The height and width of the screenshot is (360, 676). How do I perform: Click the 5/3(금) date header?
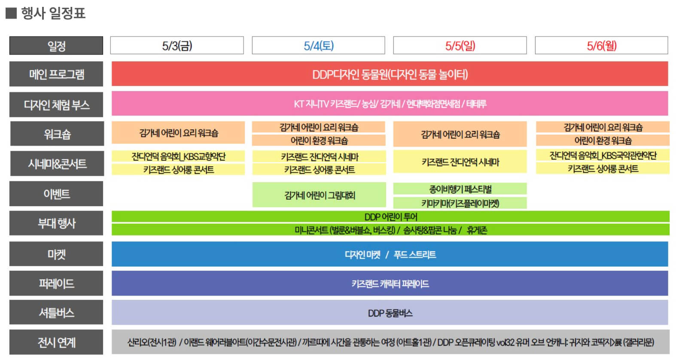pyautogui.click(x=177, y=46)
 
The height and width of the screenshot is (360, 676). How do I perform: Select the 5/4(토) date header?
pyautogui.click(x=318, y=46)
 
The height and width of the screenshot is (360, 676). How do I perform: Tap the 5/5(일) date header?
pyautogui.click(x=460, y=46)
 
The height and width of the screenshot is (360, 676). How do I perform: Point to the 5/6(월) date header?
pyautogui.click(x=601, y=46)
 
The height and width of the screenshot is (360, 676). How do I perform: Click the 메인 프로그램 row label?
pyautogui.click(x=56, y=74)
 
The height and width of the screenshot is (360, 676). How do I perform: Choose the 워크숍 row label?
pyautogui.click(x=56, y=134)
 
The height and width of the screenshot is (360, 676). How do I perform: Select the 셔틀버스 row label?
pyautogui.click(x=56, y=312)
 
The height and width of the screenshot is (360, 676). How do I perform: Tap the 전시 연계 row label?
pyautogui.click(x=56, y=342)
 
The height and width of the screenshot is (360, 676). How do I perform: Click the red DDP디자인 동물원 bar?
pyautogui.click(x=390, y=74)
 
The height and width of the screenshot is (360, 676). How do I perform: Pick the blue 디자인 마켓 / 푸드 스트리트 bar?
pyautogui.click(x=390, y=254)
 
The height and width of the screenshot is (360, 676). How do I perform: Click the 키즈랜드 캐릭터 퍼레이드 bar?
pyautogui.click(x=390, y=284)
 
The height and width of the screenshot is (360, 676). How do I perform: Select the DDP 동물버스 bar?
pyautogui.click(x=390, y=313)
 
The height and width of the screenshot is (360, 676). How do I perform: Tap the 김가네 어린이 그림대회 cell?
pyautogui.click(x=319, y=195)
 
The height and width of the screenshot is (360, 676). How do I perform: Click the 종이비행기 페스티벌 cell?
pyautogui.click(x=460, y=189)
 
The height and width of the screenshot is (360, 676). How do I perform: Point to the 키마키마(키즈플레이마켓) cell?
pyautogui.click(x=460, y=203)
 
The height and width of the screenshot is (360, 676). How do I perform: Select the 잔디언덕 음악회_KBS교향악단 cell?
pyautogui.click(x=178, y=156)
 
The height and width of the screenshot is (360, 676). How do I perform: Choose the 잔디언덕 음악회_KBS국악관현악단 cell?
pyautogui.click(x=603, y=155)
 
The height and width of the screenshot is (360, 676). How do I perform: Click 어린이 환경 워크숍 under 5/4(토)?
pyautogui.click(x=319, y=140)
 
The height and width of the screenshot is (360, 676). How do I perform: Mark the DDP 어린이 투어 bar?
pyautogui.click(x=390, y=217)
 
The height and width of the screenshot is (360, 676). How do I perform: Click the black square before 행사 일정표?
pyautogui.click(x=11, y=13)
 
